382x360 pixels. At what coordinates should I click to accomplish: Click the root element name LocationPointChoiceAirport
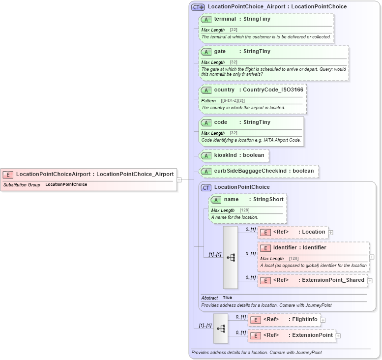point(53,174)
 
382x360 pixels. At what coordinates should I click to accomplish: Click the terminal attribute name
point(225,19)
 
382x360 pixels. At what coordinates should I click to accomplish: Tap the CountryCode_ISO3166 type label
point(273,90)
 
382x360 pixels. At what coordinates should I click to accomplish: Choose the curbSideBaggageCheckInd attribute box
point(258,171)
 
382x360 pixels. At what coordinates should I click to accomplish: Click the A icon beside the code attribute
point(206,122)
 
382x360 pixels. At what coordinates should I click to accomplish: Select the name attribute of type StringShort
point(231,200)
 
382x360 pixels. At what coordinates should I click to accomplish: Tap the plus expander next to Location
point(331,233)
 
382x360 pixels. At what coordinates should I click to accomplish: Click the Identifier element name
point(285,248)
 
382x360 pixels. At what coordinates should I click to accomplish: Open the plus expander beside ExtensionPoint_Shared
point(370,281)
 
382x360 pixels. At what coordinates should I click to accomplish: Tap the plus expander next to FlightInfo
point(323,320)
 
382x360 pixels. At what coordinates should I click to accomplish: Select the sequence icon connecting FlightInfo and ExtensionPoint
point(221,328)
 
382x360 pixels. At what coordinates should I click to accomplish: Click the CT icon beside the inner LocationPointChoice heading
point(206,187)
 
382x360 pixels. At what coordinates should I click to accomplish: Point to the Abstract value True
point(227,298)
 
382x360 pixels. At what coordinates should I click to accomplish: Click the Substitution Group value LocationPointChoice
point(66,184)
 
